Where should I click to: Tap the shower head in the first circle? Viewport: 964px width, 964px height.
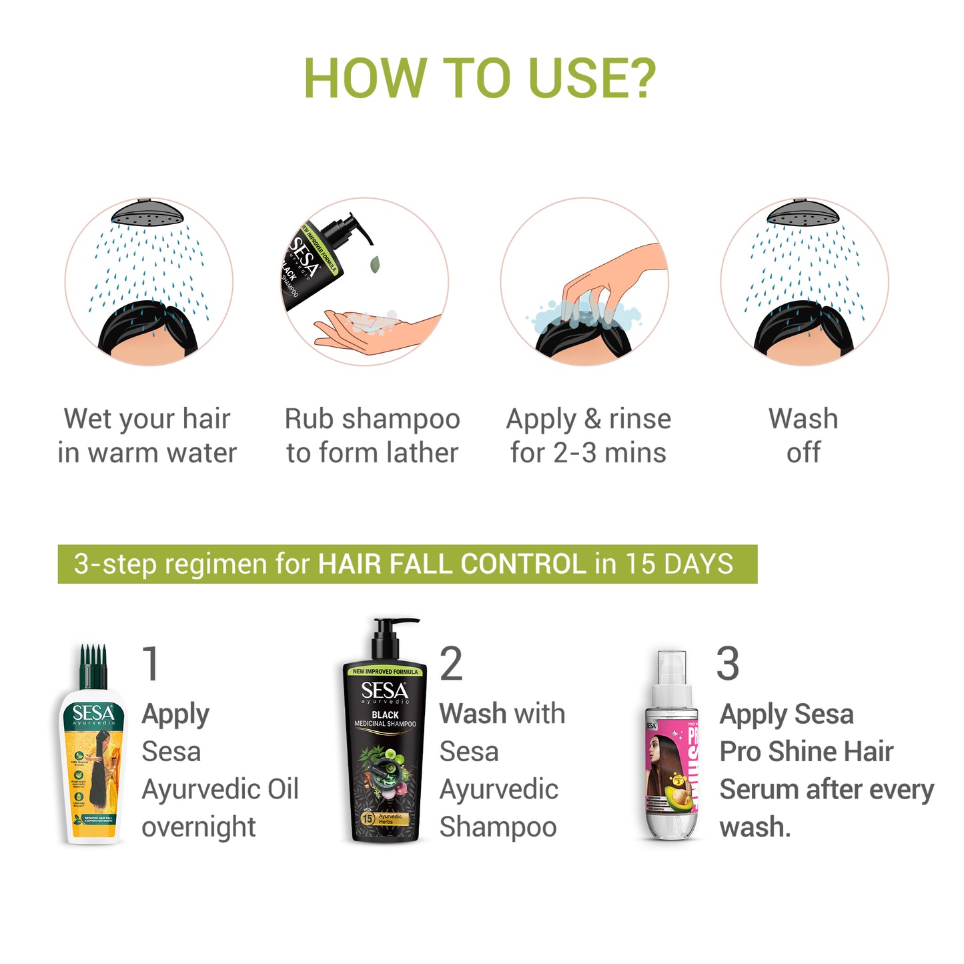coord(147,213)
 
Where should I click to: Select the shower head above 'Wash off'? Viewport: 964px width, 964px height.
coord(803,213)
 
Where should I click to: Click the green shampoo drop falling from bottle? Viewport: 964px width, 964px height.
coord(375,264)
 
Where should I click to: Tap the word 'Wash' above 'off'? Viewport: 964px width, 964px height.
coord(803,419)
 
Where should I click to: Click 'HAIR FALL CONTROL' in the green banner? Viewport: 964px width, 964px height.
coord(452,564)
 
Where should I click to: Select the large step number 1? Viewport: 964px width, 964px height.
coord(151,664)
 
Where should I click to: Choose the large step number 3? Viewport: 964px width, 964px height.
coord(727,664)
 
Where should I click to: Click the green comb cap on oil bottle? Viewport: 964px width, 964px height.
coord(93,667)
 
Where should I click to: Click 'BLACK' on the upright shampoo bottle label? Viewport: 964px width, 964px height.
coord(385,714)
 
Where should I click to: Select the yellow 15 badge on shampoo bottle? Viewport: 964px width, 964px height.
coord(367,818)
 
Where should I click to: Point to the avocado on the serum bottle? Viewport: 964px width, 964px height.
coord(679,796)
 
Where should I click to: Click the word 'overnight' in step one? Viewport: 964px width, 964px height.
coord(199,827)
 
